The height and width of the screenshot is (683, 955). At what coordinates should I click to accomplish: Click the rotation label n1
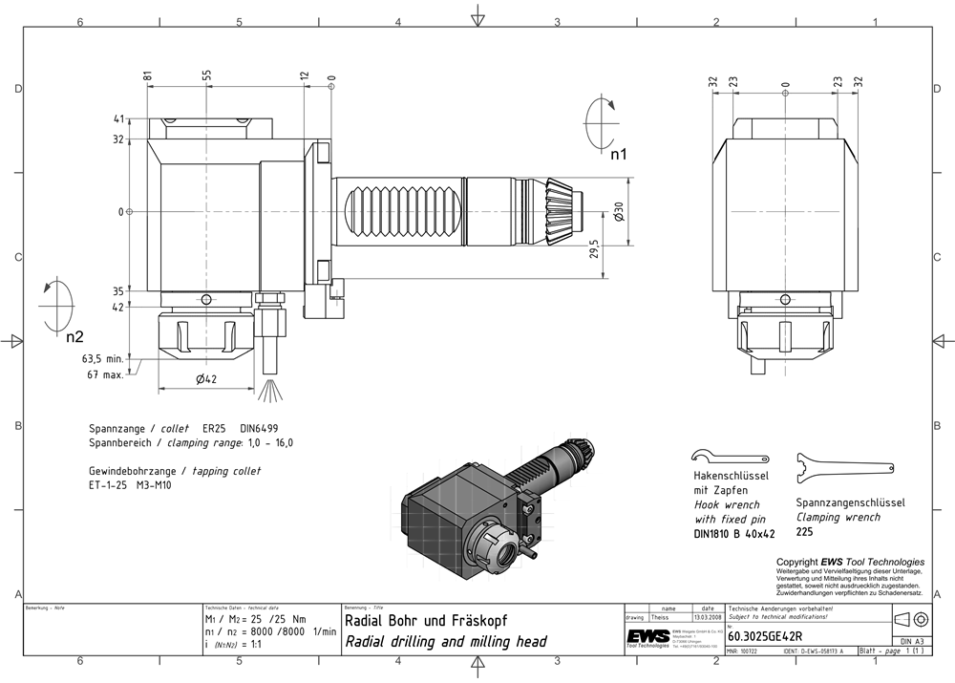[x=619, y=153]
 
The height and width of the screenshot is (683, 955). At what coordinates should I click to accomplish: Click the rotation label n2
[x=74, y=335]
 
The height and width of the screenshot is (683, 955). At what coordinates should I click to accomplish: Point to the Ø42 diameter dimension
[x=207, y=379]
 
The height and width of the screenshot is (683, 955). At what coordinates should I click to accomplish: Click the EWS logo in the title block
[x=647, y=636]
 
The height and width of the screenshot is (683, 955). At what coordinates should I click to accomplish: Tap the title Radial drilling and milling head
[x=445, y=642]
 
